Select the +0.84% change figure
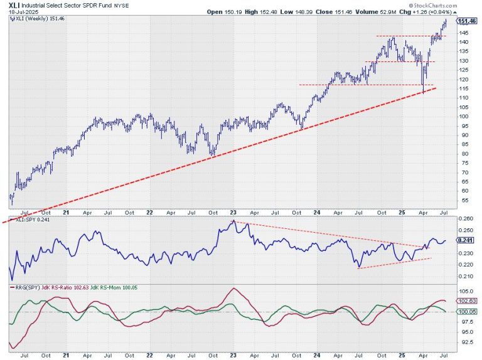tap(465, 11)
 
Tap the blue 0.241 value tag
tap(465, 240)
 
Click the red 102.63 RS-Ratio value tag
tap(465, 302)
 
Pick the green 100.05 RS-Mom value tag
tap(465, 312)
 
